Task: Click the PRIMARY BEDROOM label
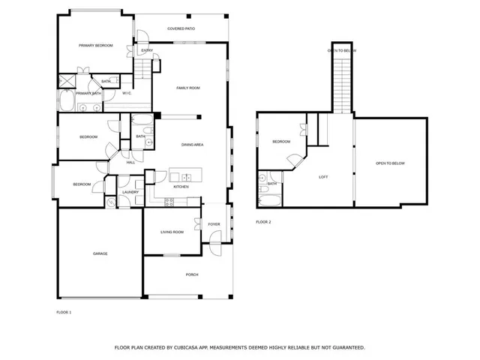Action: tap(96, 46)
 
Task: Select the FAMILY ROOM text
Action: tap(187, 88)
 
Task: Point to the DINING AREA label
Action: tap(193, 144)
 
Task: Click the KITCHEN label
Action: tap(181, 186)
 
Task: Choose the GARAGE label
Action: tap(100, 253)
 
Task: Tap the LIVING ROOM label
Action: tap(172, 232)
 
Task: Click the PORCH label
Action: tap(192, 274)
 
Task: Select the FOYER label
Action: tap(214, 224)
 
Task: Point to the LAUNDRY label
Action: tap(131, 192)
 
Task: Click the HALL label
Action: tap(130, 162)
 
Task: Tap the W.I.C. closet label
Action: tap(128, 93)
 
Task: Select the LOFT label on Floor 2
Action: tap(323, 177)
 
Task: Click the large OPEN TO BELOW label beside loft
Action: tap(390, 163)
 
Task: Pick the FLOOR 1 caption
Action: tap(64, 311)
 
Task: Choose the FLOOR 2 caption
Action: tap(263, 222)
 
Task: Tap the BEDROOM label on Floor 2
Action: tap(280, 142)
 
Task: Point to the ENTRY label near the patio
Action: tap(147, 51)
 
